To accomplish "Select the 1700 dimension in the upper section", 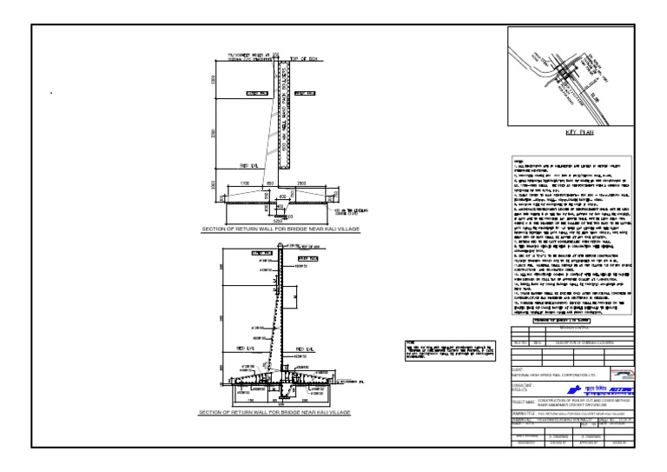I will tap(246, 183).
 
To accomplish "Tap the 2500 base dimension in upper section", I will tap(300, 183).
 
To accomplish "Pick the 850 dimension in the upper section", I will tap(271, 183).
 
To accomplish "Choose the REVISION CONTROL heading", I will tap(573, 329).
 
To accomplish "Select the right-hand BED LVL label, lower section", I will tap(306, 350).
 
